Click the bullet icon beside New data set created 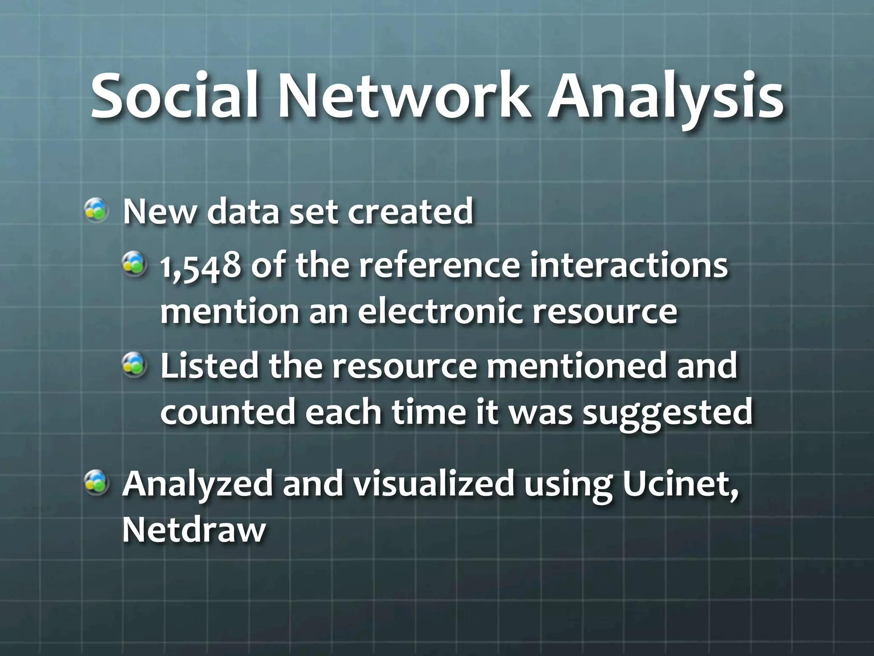[97, 211]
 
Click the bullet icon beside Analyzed [97, 483]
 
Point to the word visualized [433, 484]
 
